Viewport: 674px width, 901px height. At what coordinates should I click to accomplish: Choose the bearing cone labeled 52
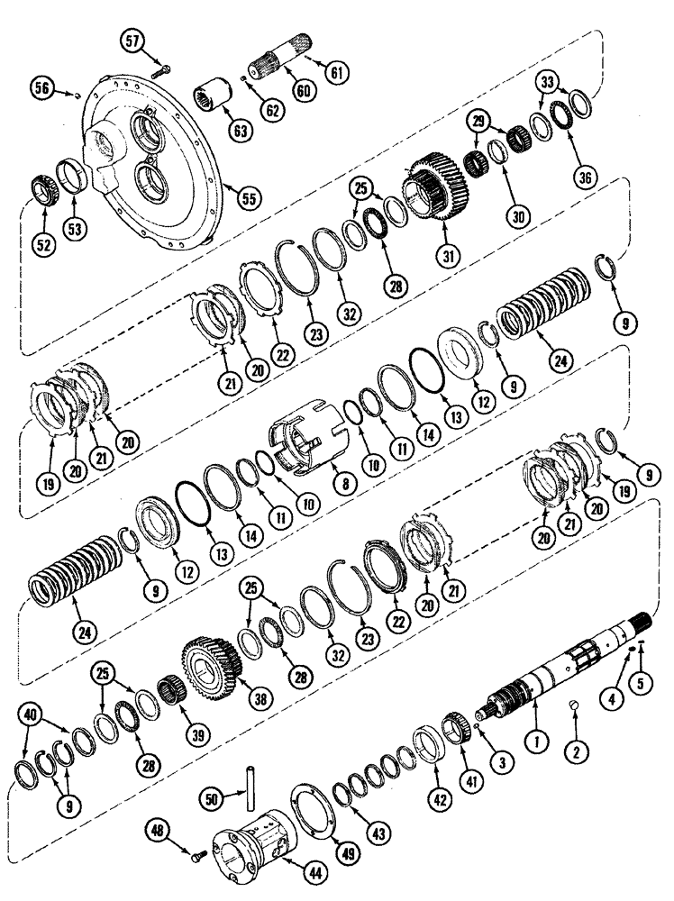42,189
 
